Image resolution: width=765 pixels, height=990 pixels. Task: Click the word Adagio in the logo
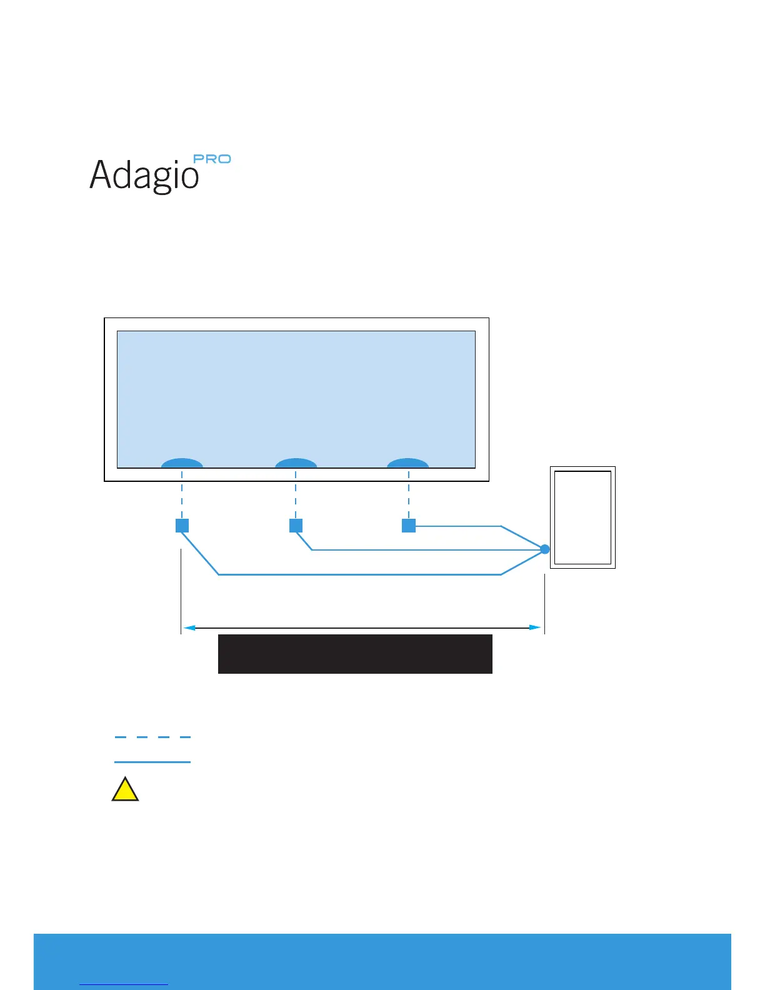point(144,174)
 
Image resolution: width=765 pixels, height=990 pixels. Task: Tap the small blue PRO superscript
point(212,159)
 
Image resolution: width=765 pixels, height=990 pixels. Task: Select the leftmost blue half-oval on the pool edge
point(182,463)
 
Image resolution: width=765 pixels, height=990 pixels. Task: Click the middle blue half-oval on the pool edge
point(296,463)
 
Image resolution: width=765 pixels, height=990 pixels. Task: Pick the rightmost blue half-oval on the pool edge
point(407,463)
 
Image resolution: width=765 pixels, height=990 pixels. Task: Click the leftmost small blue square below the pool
point(182,526)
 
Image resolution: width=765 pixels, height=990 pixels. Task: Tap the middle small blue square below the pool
point(296,526)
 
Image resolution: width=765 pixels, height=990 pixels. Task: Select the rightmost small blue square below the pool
point(409,526)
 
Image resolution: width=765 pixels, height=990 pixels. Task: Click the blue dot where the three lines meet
point(544,549)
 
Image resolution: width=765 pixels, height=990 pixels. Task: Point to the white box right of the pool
point(582,517)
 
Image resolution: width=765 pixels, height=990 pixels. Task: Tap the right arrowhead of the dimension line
point(536,627)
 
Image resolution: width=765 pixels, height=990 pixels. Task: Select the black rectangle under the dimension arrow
point(355,654)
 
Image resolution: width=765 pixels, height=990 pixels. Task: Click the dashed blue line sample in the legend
point(152,737)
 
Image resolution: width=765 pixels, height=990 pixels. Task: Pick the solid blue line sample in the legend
point(152,762)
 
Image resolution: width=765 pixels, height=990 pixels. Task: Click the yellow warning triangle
point(125,791)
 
